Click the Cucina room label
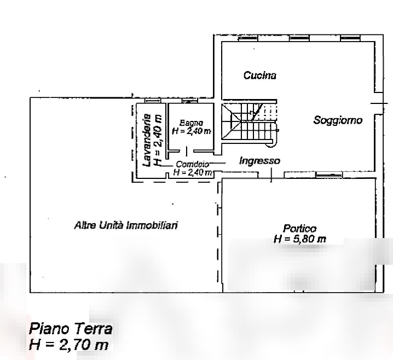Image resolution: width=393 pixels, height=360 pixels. coord(259,76)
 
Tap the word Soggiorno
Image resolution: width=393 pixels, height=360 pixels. coord(337,120)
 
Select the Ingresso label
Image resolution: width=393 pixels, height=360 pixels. coord(259,161)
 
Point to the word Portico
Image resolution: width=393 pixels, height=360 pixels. coord(299,229)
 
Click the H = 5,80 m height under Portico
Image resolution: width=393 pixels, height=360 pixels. coord(299,239)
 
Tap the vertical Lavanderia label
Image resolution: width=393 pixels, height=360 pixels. coord(146,140)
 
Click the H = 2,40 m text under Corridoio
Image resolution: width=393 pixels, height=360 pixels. coord(192,172)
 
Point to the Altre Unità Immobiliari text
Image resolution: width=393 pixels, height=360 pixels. coord(125,225)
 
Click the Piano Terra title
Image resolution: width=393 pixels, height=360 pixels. coord(71,329)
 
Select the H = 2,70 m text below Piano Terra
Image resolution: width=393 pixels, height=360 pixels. coord(68,345)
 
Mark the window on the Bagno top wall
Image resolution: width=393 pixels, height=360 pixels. coord(189,101)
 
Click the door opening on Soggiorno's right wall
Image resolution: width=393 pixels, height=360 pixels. coord(376,103)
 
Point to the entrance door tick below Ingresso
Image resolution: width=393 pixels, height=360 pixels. coord(271,175)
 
